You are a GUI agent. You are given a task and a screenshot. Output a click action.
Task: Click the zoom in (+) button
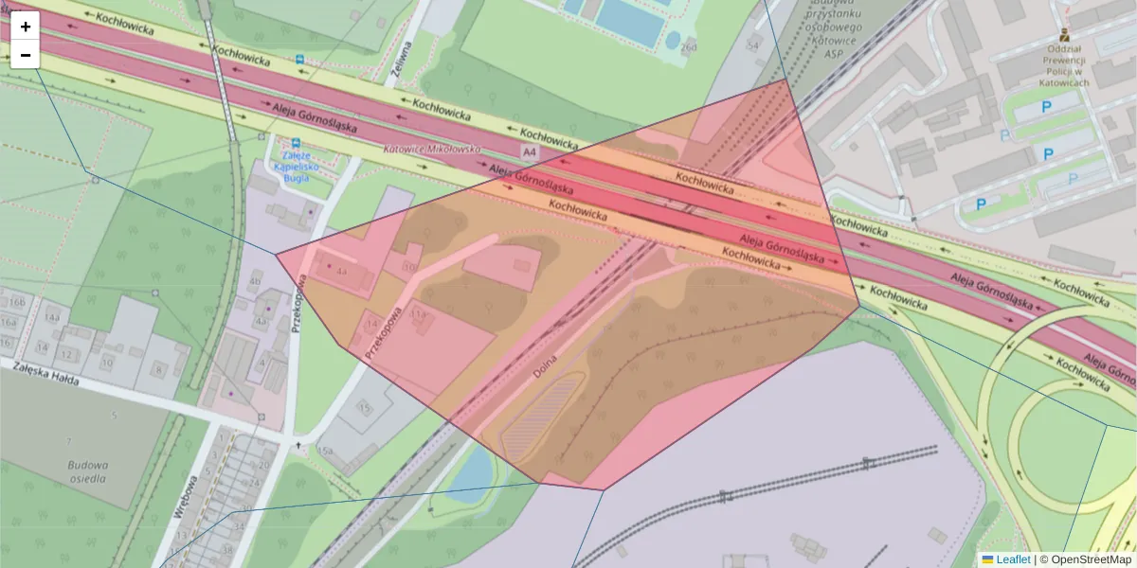point(26,27)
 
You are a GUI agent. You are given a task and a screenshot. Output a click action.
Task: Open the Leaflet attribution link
point(1012,559)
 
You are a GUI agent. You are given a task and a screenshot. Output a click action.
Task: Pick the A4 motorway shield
point(528,152)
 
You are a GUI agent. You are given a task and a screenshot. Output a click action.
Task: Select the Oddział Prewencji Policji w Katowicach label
point(1064,65)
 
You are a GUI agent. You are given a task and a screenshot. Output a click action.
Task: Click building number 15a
point(325,451)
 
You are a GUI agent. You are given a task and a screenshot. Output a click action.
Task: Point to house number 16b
point(17,302)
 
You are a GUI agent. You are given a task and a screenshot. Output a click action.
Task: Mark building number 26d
point(688,46)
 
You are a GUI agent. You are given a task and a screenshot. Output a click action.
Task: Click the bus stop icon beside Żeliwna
point(300,59)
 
